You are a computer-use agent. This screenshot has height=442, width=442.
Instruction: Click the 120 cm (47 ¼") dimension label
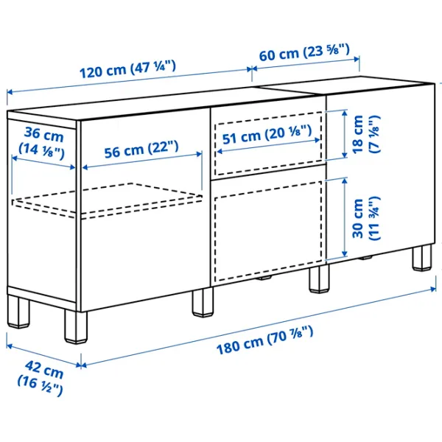tap(127, 69)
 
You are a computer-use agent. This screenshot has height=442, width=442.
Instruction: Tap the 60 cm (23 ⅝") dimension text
tap(304, 52)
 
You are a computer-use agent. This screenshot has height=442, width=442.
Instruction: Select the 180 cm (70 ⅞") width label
tap(264, 340)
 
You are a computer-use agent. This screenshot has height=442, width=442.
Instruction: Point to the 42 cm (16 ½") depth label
tap(41, 378)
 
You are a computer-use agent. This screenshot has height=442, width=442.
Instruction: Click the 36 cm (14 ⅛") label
tap(42, 143)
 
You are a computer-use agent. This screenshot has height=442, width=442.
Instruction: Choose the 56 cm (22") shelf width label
tap(141, 150)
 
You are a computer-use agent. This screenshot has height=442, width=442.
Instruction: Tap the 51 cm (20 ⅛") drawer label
tap(267, 135)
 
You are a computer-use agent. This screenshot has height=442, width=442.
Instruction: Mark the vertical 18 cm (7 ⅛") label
tap(366, 135)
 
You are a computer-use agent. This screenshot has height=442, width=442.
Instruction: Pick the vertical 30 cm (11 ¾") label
tap(366, 219)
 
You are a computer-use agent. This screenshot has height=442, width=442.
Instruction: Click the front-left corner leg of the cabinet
tap(76, 326)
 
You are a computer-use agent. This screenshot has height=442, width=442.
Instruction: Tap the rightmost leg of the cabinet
tap(422, 258)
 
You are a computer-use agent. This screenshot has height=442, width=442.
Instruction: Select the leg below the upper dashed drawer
tap(319, 279)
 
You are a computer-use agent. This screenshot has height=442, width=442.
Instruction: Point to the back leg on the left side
tap(18, 312)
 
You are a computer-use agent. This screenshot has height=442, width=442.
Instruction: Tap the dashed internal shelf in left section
tap(107, 200)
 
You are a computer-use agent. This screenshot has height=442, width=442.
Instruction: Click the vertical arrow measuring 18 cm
tap(345, 134)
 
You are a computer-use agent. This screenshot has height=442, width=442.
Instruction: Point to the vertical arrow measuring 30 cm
tap(345, 217)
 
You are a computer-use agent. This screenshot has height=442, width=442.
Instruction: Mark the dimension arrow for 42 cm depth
tap(44, 355)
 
